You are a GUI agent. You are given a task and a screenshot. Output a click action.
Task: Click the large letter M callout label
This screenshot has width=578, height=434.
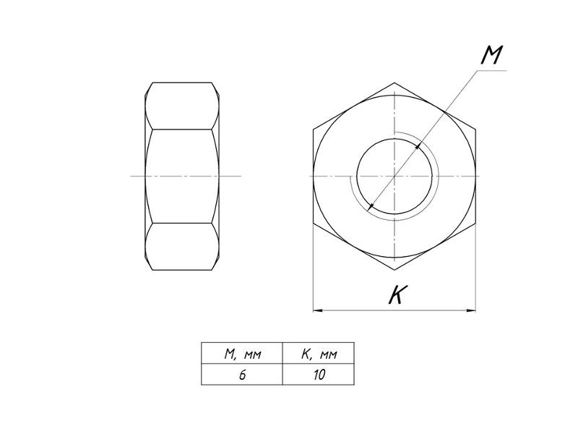point(492,55)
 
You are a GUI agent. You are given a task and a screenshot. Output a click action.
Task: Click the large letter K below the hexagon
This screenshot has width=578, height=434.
point(398,294)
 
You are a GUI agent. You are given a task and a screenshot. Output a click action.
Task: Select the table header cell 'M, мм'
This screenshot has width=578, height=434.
point(242,353)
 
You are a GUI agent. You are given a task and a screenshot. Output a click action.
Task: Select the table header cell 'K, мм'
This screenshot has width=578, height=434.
point(319,353)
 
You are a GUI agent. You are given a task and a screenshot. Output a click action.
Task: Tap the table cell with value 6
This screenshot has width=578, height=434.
point(242,375)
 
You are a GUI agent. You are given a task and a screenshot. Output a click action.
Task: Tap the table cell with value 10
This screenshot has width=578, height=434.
point(319,375)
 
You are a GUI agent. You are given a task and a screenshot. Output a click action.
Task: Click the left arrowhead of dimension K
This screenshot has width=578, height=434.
point(318,310)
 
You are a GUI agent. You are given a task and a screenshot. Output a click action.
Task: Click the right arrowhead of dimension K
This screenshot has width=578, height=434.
point(471,310)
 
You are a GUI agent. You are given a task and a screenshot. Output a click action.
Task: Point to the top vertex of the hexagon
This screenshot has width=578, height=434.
point(394,82)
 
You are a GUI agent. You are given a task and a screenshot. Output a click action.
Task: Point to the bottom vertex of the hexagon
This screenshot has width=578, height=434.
point(394,270)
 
